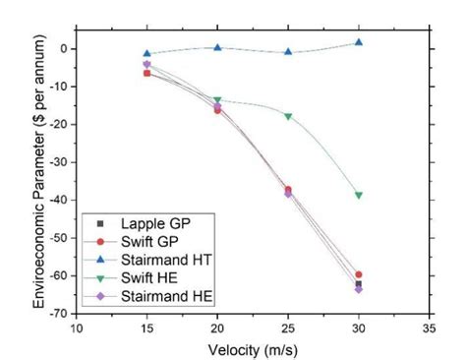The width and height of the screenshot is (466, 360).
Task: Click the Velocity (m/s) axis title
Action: (253, 349)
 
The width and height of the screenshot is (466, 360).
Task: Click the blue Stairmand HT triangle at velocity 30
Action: (359, 42)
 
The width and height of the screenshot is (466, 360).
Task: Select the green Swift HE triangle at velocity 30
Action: (359, 195)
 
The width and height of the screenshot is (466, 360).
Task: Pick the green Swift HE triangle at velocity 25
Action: (288, 116)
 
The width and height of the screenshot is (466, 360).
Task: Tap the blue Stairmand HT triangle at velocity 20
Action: (217, 47)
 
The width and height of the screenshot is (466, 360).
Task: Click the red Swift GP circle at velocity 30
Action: (359, 274)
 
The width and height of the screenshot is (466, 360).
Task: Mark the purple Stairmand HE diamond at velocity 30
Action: (359, 289)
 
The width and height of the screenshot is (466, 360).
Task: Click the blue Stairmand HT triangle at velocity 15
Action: (147, 53)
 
